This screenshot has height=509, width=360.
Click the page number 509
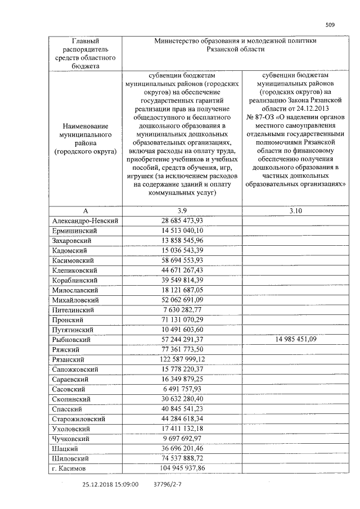coord(330,24)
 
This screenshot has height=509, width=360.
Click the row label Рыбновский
coord(70,339)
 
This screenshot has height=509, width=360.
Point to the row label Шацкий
coord(65,448)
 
